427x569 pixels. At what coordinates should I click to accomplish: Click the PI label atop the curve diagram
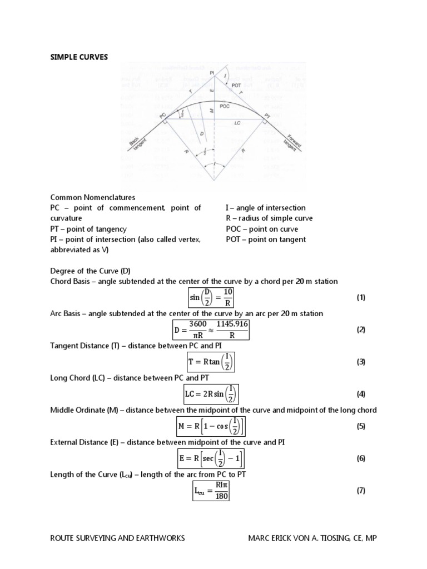(x=212, y=72)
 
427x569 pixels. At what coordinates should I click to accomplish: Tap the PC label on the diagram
(x=163, y=115)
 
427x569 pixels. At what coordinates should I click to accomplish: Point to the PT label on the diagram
(x=267, y=116)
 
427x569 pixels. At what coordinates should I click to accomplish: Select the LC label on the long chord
(x=237, y=122)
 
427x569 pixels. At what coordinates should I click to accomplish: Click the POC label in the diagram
(x=225, y=106)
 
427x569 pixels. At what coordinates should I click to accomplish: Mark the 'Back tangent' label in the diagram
(x=137, y=146)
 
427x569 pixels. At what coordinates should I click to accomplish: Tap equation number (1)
(x=361, y=297)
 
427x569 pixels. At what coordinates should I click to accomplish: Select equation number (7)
(x=361, y=491)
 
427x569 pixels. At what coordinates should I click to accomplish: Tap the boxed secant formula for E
(x=211, y=458)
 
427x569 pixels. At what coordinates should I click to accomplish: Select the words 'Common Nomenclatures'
(x=93, y=197)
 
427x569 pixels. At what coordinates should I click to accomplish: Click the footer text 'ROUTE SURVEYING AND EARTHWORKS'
(x=117, y=538)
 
